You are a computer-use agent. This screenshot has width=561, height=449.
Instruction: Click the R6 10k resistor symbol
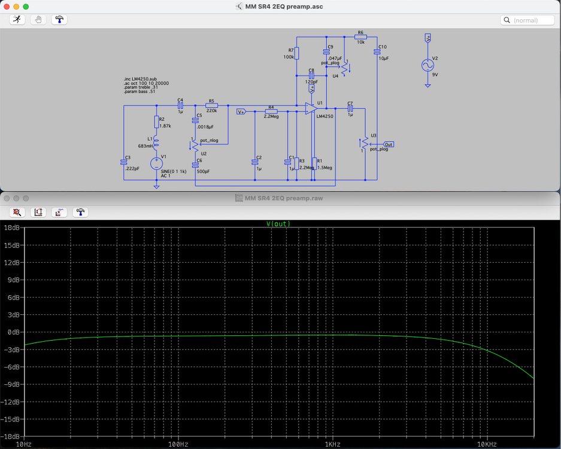coord(361,37)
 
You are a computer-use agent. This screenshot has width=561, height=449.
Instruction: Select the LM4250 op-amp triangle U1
coord(310,108)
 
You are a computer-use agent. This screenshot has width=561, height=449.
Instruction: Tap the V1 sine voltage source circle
coord(157,162)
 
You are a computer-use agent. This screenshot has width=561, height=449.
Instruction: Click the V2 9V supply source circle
coord(427,65)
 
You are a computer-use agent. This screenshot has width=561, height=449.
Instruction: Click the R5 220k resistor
coord(211,105)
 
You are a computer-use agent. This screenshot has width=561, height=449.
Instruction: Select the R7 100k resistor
coord(297,54)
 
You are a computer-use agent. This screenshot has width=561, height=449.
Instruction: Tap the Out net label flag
coord(389,144)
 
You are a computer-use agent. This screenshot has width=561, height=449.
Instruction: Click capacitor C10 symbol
coord(378,52)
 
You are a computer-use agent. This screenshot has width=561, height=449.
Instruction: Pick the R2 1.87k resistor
coord(157,122)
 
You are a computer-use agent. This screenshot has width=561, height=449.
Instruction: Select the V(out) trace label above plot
coord(278,224)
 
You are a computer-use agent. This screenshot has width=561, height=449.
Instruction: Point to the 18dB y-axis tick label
coord(11,228)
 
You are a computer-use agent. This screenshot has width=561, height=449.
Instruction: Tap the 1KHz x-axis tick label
coord(333,444)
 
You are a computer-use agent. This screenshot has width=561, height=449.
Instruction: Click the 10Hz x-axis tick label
coord(24,444)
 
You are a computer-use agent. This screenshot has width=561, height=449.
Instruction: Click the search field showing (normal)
coord(527,20)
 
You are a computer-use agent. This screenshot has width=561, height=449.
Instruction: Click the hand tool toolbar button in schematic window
coord(38,20)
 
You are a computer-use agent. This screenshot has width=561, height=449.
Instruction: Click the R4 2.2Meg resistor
coord(271,111)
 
